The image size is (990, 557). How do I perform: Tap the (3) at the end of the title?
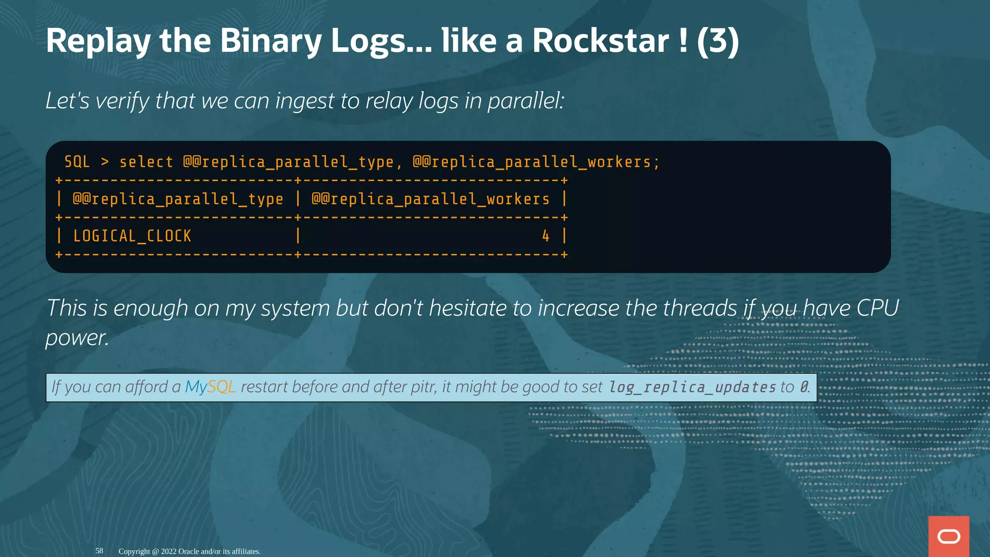point(718,41)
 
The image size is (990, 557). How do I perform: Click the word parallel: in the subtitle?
point(526,101)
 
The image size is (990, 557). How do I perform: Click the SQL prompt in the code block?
point(77,162)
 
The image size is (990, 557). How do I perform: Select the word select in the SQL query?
point(146,162)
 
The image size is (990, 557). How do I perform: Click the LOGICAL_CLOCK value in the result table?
point(132,236)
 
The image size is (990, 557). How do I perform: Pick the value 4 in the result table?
point(546,236)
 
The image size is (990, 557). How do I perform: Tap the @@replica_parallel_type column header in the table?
point(178,199)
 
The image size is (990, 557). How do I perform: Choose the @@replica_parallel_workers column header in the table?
point(431,199)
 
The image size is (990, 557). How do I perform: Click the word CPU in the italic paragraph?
point(877,308)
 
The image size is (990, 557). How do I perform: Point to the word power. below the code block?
point(77,337)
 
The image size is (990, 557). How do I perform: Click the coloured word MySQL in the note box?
point(210,387)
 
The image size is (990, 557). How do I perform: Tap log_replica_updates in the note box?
point(692,387)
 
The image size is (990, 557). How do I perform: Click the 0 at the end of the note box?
point(803,387)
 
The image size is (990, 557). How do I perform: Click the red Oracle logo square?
point(948,536)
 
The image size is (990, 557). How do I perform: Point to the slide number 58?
point(99,551)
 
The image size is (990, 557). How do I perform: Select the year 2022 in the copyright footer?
point(169,551)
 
